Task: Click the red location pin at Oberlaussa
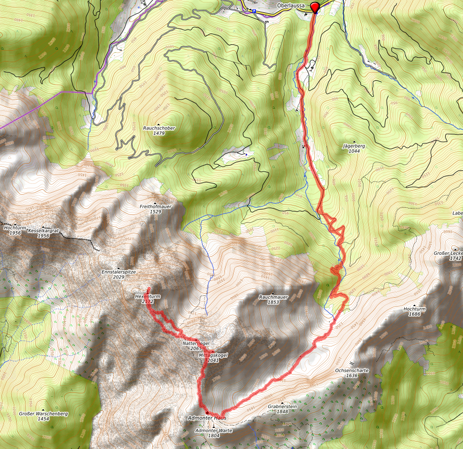pyautogui.click(x=315, y=6)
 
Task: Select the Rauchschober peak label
pyautogui.click(x=159, y=128)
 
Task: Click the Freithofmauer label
pyautogui.click(x=156, y=207)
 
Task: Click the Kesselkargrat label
pyautogui.click(x=43, y=230)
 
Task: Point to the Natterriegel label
pyautogui.click(x=196, y=343)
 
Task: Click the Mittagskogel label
pyautogui.click(x=213, y=355)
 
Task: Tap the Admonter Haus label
pyautogui.click(x=207, y=418)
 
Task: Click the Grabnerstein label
pyautogui.click(x=282, y=407)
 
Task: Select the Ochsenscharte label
pyautogui.click(x=352, y=370)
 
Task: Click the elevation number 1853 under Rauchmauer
pyautogui.click(x=273, y=302)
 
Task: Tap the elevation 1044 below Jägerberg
pyautogui.click(x=354, y=151)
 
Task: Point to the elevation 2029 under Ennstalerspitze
pyautogui.click(x=118, y=277)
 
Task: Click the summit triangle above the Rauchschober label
pyautogui.click(x=159, y=124)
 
